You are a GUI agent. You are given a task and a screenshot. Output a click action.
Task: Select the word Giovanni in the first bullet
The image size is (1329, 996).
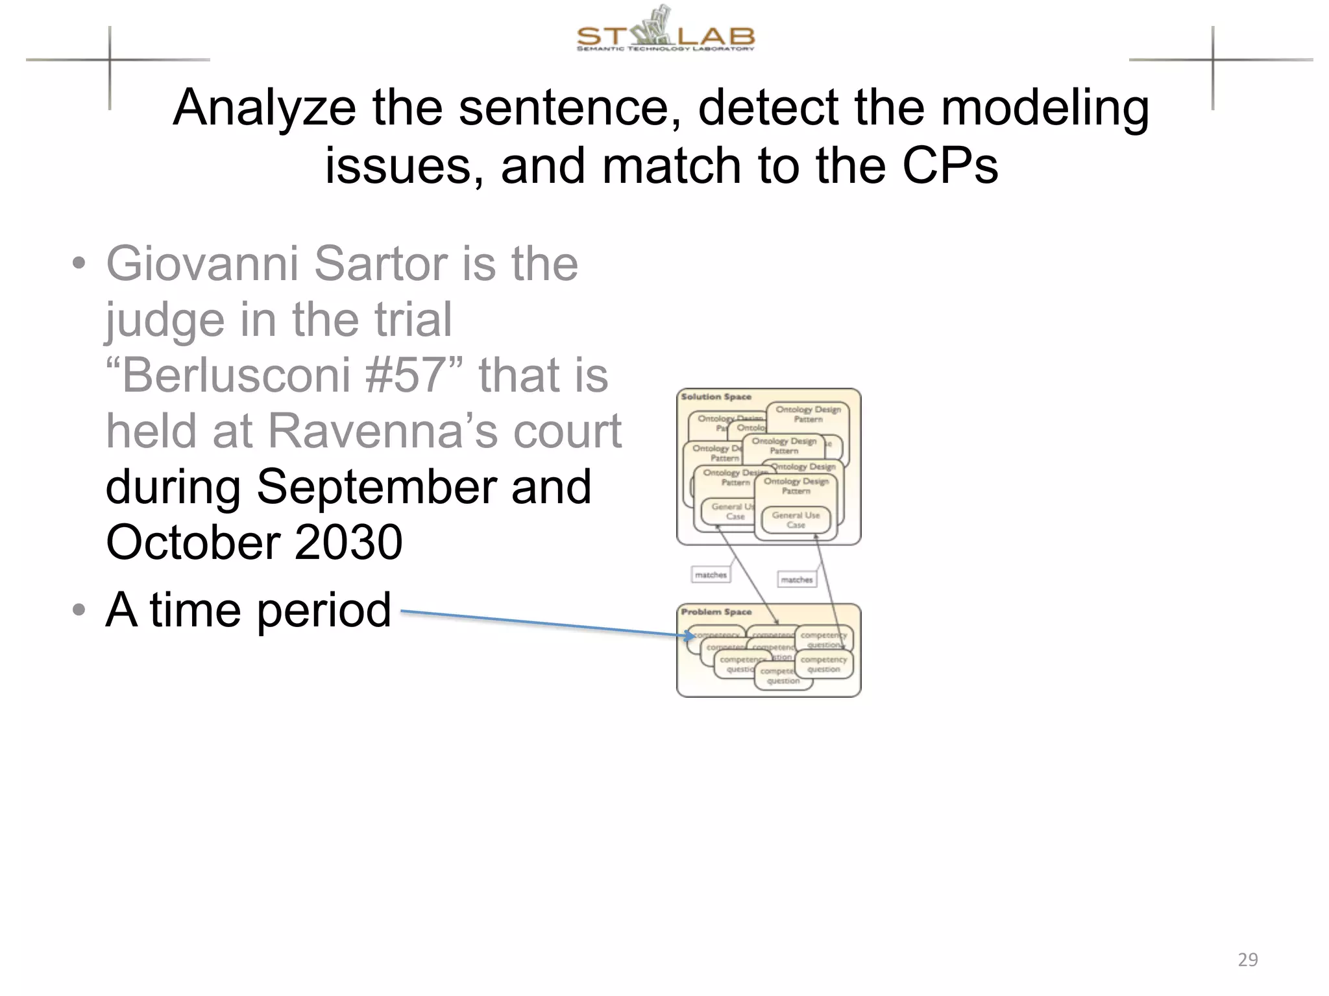pyautogui.click(x=201, y=265)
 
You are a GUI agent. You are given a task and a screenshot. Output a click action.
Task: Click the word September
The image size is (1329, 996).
pyautogui.click(x=376, y=488)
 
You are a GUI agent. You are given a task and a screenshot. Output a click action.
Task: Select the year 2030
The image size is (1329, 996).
pyautogui.click(x=348, y=543)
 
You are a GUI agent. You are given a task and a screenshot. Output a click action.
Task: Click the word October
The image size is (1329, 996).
pyautogui.click(x=191, y=543)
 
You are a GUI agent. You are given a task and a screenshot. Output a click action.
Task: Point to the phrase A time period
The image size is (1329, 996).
pyautogui.click(x=248, y=610)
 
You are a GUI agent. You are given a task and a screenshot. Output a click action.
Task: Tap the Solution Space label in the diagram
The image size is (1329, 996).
pyautogui.click(x=716, y=397)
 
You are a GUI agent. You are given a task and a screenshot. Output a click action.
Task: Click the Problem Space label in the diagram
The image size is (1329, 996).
pyautogui.click(x=716, y=612)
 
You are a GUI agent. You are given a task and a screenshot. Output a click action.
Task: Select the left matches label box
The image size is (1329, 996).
pyautogui.click(x=711, y=575)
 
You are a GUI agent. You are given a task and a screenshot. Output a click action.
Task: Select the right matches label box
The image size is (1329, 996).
pyautogui.click(x=796, y=580)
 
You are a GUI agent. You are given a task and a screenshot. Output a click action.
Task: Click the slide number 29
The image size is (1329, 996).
pyautogui.click(x=1247, y=959)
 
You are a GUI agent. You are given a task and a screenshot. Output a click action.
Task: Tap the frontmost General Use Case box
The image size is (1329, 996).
pyautogui.click(x=796, y=520)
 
